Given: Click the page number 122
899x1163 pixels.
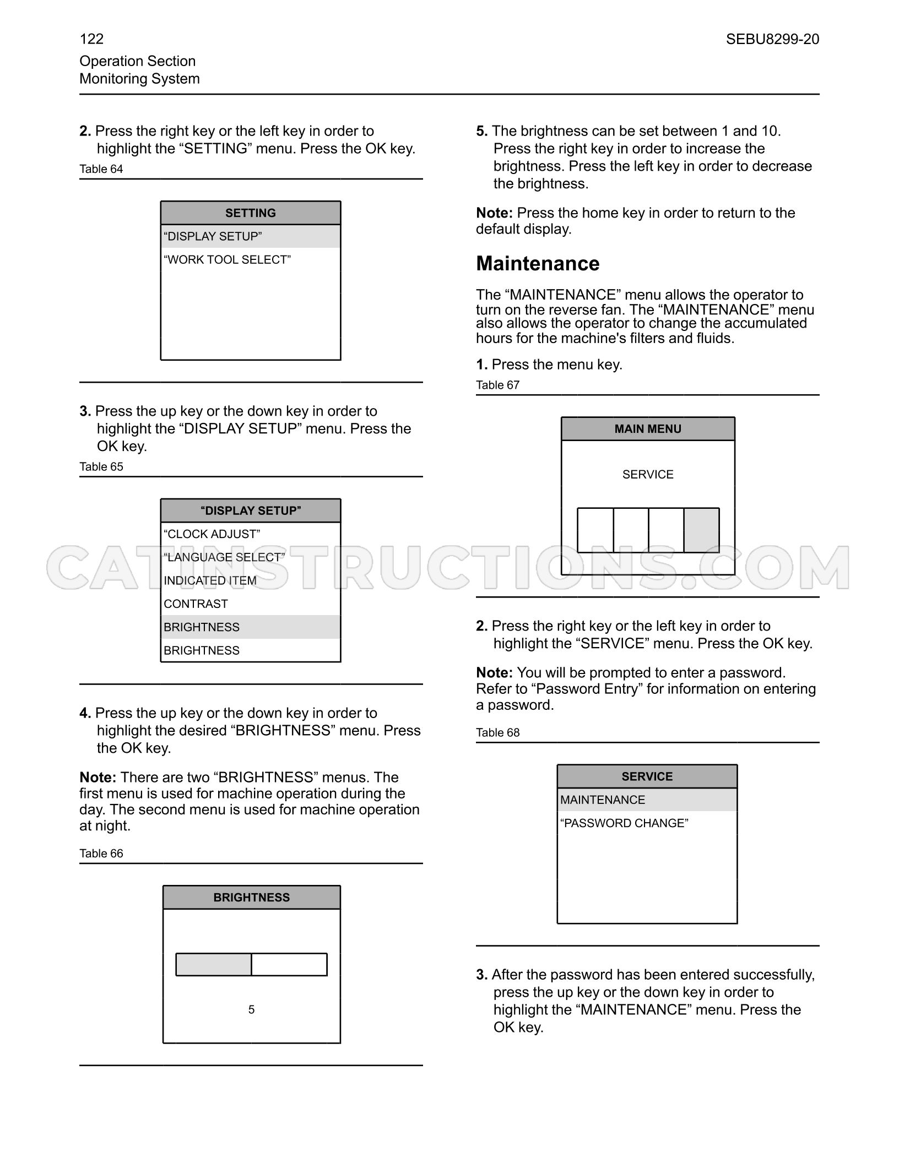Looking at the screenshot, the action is [x=91, y=39].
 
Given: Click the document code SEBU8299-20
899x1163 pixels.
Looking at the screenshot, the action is [x=772, y=39].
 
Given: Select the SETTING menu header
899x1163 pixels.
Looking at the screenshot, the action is [x=251, y=213].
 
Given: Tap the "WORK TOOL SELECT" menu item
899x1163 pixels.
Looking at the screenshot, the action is [x=227, y=259].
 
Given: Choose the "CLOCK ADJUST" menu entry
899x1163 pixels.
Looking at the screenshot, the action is [x=212, y=534].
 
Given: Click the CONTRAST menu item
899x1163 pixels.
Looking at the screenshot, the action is [x=196, y=604].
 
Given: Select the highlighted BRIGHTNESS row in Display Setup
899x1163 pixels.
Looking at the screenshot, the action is [x=251, y=627].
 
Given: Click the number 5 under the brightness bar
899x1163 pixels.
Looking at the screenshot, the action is [x=251, y=1009].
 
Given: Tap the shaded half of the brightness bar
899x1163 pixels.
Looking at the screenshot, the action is [x=214, y=965].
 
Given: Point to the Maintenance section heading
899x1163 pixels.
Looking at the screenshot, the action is [x=538, y=264].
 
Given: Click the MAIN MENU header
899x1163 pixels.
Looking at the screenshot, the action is [x=648, y=429].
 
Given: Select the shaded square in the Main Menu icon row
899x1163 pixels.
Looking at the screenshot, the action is [x=701, y=530].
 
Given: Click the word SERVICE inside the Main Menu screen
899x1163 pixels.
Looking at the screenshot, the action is [x=648, y=475].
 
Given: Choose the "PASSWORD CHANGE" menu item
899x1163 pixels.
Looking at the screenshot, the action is [x=624, y=823].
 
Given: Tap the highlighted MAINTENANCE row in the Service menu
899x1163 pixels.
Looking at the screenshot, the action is [x=647, y=800].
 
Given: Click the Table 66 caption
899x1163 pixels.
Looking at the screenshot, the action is [x=101, y=854].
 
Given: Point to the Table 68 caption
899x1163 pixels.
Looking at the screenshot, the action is [x=498, y=733].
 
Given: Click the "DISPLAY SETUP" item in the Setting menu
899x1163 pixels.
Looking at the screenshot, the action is [x=213, y=236].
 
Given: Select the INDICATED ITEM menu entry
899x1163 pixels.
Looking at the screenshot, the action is [x=210, y=581].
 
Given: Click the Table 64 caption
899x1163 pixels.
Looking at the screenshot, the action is [x=101, y=169].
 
